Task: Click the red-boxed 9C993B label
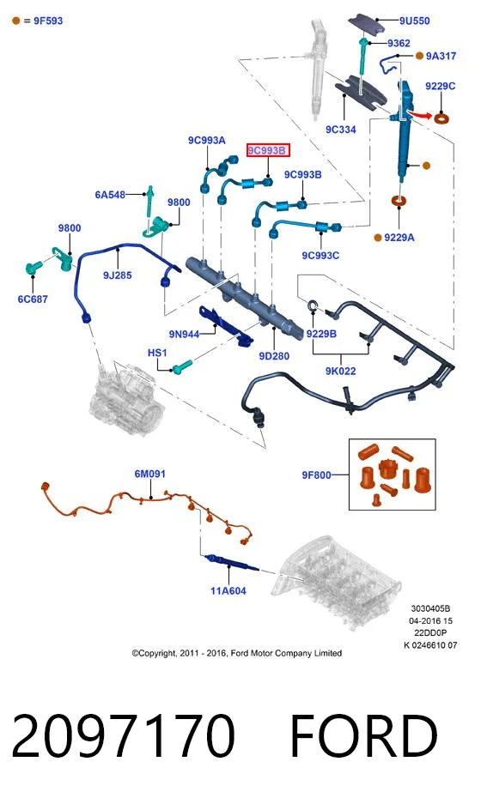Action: click(268, 150)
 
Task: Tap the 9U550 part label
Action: click(415, 21)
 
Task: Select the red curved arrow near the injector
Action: click(419, 114)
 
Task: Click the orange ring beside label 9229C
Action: click(441, 119)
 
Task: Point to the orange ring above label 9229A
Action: click(399, 201)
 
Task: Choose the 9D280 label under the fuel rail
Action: click(274, 356)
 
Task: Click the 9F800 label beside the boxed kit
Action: click(317, 475)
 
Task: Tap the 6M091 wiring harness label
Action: click(149, 474)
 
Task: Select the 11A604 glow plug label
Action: click(228, 590)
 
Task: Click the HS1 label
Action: click(157, 353)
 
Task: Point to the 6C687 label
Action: click(33, 299)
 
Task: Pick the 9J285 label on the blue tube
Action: click(118, 275)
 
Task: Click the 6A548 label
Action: click(110, 195)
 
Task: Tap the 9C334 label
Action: click(341, 130)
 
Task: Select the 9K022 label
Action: click(341, 371)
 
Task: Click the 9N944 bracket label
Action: click(184, 335)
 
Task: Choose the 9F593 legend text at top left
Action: click(48, 21)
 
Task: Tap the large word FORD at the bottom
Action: click(364, 736)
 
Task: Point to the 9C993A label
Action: click(207, 141)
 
